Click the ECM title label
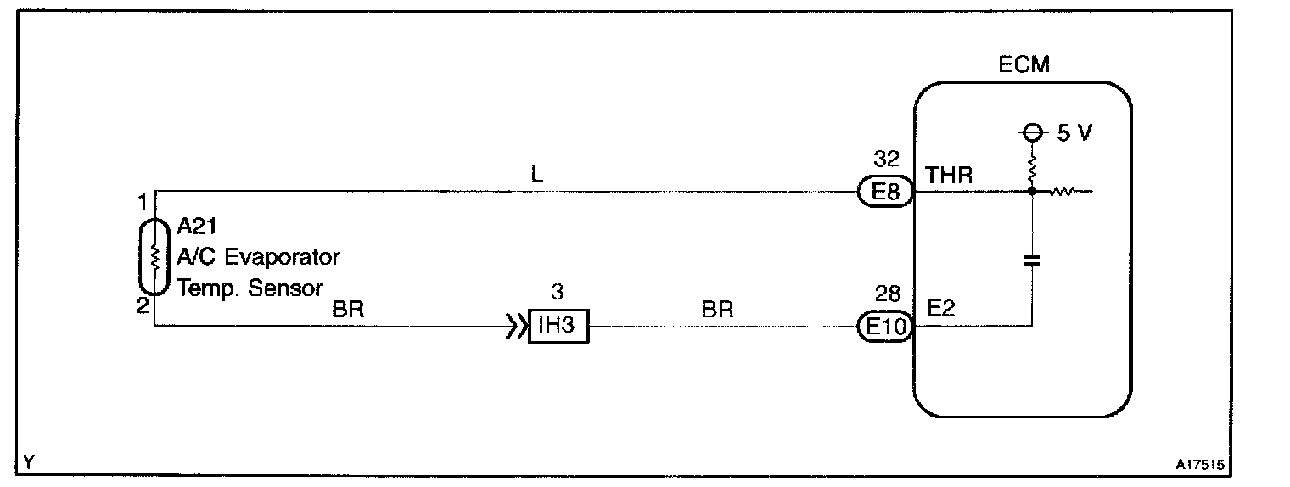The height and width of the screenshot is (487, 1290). tap(1024, 64)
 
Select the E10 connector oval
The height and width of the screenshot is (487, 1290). tap(885, 326)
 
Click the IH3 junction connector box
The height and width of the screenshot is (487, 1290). tap(558, 326)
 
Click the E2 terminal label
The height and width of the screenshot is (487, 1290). tap(941, 308)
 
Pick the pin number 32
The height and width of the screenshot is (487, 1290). tap(886, 160)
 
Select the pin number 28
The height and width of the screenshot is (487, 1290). tap(886, 294)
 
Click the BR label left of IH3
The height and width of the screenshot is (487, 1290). tap(348, 310)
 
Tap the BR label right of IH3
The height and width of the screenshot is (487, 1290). tap(717, 310)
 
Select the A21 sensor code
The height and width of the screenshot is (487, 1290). tap(198, 226)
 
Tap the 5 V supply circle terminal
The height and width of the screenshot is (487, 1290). tap(1032, 134)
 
